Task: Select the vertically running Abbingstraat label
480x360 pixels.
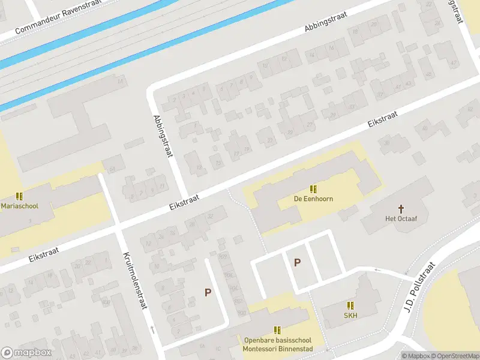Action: coord(163,136)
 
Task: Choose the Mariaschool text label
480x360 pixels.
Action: coord(20,206)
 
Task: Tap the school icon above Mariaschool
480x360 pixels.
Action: coord(20,196)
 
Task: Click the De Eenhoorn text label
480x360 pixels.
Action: coord(313,199)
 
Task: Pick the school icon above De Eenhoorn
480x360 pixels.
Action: coord(313,188)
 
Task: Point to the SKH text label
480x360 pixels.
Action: coord(350,316)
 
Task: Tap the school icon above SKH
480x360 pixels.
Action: coord(350,305)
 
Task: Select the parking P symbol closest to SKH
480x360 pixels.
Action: coord(297,262)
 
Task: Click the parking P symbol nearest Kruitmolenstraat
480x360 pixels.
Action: coord(208,292)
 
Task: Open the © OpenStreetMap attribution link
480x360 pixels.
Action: coord(455,356)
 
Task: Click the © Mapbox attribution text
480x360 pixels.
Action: coord(416,356)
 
